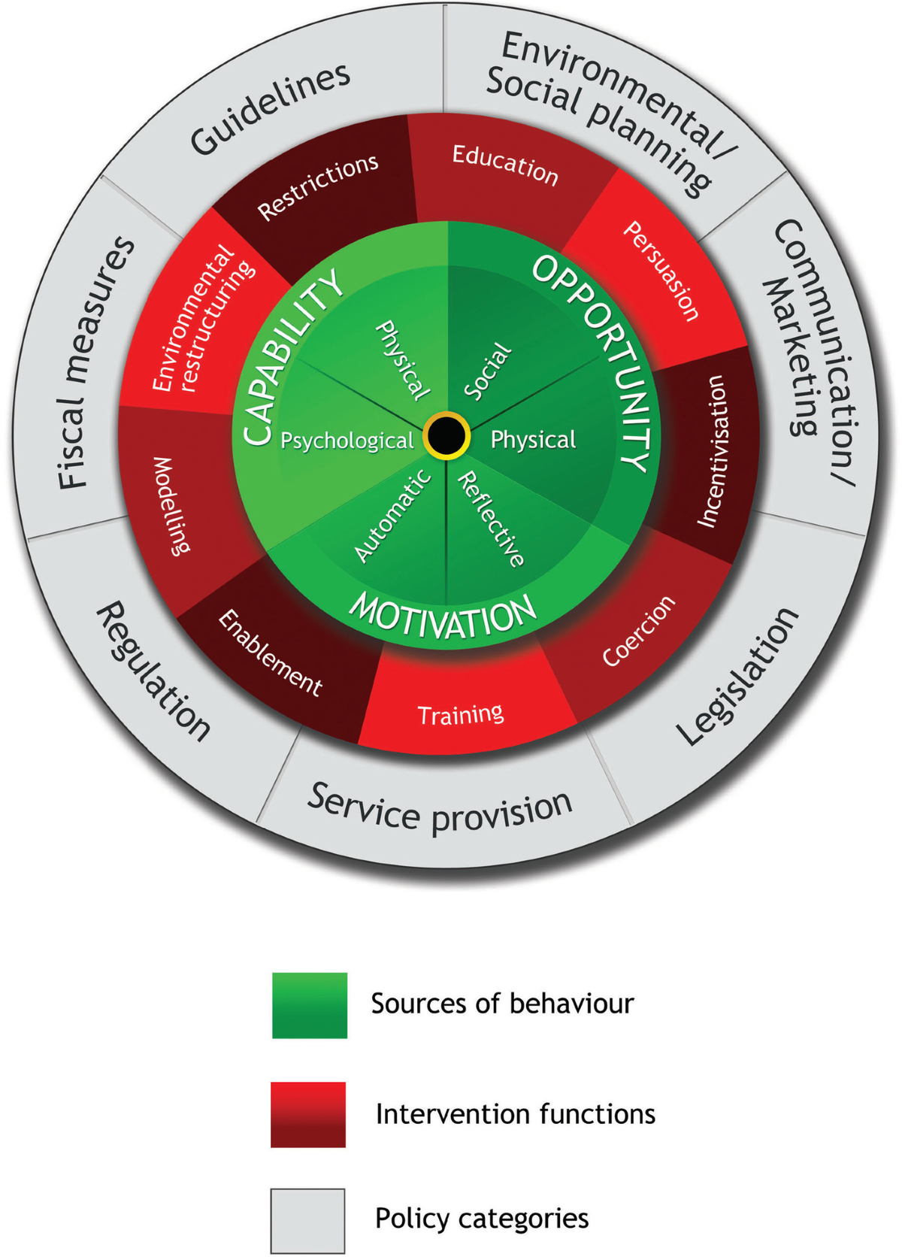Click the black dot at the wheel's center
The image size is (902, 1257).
coord(446,435)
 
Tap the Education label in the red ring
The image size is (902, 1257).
coord(505,165)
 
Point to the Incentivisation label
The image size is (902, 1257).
coord(710,451)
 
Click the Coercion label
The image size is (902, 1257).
coord(639,632)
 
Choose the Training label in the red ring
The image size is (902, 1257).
coord(460,714)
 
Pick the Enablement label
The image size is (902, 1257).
coord(271,653)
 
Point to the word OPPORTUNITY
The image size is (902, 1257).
coord(594,361)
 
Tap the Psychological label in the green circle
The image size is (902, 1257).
coord(347,441)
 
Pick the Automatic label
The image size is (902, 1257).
coord(392,516)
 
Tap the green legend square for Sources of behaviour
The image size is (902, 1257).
coord(310,1005)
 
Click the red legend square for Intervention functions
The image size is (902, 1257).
coord(308,1114)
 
